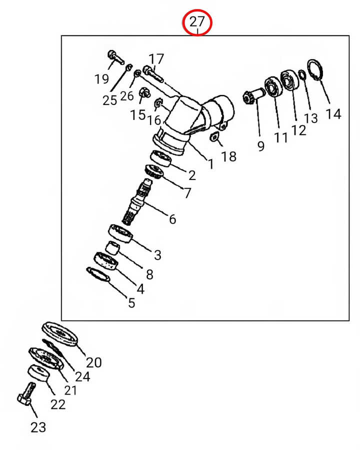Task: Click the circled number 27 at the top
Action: click(x=197, y=21)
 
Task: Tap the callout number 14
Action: click(x=333, y=113)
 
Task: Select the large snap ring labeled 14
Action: click(x=315, y=70)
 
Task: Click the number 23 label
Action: click(x=38, y=427)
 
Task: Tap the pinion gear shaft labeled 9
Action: click(x=254, y=97)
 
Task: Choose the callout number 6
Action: click(x=172, y=219)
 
